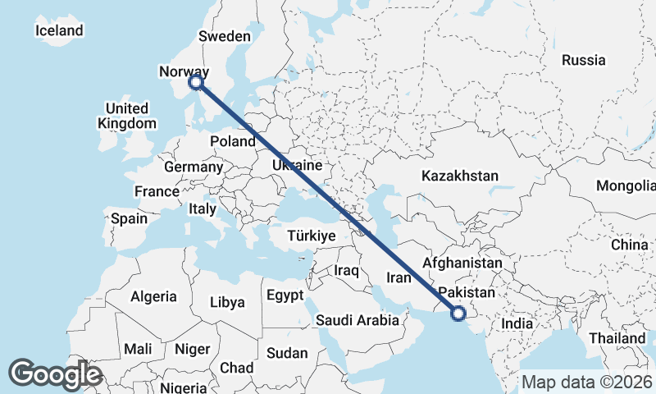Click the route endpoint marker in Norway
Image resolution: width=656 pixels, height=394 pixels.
point(195,81)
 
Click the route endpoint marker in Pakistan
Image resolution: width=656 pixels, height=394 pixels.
point(458,312)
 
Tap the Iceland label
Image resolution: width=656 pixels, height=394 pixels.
point(59,30)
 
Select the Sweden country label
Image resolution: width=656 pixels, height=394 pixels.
point(224,36)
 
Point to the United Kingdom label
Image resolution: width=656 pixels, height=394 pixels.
point(126,116)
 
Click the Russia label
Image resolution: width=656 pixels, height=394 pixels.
point(584,60)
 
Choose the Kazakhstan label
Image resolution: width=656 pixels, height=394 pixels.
point(459,176)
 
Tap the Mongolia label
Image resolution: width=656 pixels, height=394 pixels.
point(626,186)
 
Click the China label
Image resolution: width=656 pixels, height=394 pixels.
point(629,245)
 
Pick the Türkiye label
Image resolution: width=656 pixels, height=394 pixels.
point(312,236)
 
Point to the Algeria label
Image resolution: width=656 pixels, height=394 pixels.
point(153,296)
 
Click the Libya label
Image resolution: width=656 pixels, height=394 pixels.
point(227,302)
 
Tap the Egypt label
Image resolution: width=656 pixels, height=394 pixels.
point(285,295)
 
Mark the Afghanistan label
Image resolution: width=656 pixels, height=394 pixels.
point(462,263)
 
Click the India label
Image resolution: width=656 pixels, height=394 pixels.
point(517,323)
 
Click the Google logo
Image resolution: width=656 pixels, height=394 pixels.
point(55,374)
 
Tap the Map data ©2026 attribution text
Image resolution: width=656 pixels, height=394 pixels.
point(586,382)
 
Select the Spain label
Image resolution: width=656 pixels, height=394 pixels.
point(129,218)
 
